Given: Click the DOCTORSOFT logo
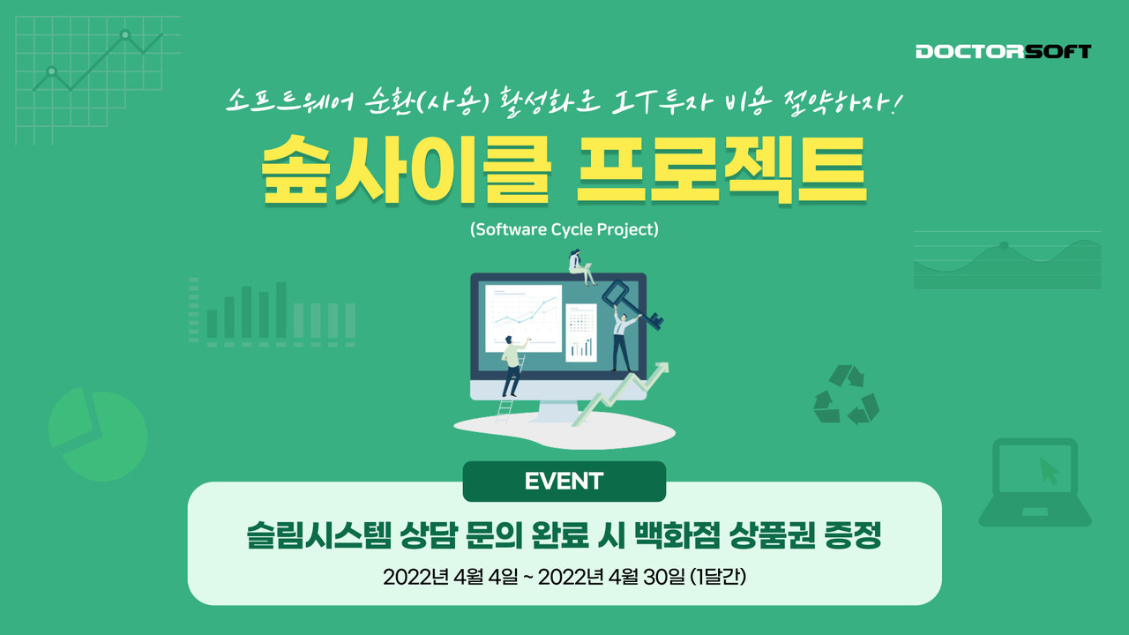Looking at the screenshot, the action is click(x=1003, y=51).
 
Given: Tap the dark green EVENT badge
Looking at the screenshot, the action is click(x=564, y=482).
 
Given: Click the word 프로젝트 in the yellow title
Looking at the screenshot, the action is click(x=722, y=170).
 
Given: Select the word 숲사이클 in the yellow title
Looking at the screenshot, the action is click(x=407, y=170).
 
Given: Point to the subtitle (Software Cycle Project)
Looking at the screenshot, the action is click(x=564, y=229).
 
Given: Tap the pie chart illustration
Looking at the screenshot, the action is click(x=98, y=434).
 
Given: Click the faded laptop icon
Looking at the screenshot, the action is click(x=1035, y=482).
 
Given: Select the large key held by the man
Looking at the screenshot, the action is click(x=632, y=304).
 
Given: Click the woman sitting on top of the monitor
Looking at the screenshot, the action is click(x=579, y=267).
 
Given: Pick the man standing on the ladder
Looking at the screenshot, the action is click(x=512, y=365).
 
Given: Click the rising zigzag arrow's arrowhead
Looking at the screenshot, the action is click(x=662, y=369).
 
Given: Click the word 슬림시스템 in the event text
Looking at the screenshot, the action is click(x=318, y=535).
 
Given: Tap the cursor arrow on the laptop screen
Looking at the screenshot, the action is click(x=1050, y=471).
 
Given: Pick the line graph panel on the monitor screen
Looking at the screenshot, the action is click(x=523, y=318).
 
